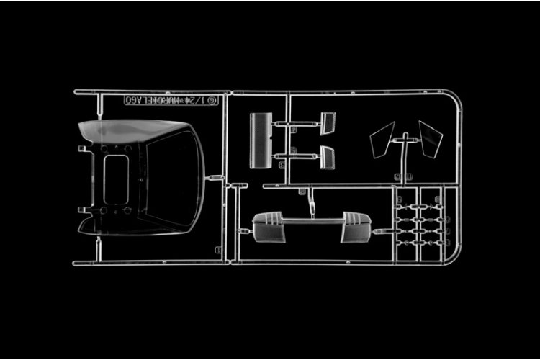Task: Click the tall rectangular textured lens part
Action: [260, 140]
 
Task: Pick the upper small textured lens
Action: [328, 122]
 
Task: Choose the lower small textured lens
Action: [327, 157]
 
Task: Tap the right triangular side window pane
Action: [430, 138]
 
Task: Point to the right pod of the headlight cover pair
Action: [356, 228]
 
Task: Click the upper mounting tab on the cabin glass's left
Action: [82, 149]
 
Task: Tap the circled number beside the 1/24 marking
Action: [212, 101]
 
